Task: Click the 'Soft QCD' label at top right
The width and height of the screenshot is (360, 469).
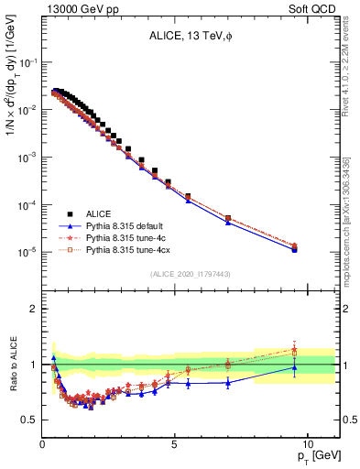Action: pos(316,8)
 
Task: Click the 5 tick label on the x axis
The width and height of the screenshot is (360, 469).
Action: pos(174,443)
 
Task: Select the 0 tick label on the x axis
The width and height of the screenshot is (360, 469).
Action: pos(42,443)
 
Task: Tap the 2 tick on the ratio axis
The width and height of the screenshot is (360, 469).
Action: pos(34,309)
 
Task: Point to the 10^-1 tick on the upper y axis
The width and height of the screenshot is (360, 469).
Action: pos(27,62)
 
